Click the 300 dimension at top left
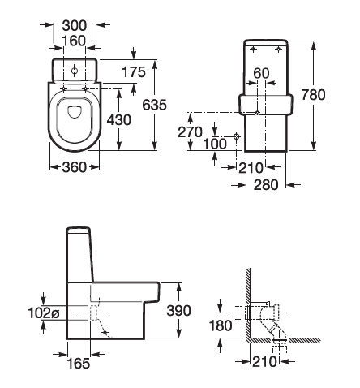click(75, 25)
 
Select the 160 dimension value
click(74, 41)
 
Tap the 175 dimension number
click(134, 72)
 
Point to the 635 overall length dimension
click(155, 105)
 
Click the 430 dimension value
click(119, 120)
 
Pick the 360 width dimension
click(75, 167)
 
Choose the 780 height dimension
click(314, 95)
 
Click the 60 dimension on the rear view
click(262, 73)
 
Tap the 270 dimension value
click(190, 132)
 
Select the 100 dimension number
click(215, 144)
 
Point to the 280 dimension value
click(266, 185)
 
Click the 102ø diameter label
click(43, 313)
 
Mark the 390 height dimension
click(178, 311)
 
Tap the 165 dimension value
click(78, 363)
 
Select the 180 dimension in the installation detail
click(221, 325)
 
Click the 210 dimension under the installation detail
click(264, 361)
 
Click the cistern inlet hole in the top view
click(75, 71)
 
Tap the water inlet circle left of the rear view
click(237, 136)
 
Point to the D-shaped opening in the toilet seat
click(75, 111)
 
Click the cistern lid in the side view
click(78, 230)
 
